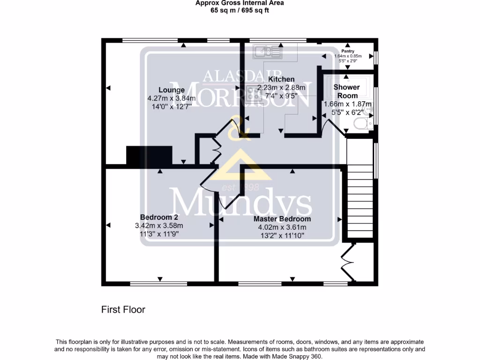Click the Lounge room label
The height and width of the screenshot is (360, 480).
click(x=171, y=90)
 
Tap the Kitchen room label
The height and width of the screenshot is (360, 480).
click(x=281, y=79)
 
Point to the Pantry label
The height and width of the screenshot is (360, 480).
click(x=347, y=51)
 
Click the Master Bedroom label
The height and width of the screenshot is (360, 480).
click(x=282, y=219)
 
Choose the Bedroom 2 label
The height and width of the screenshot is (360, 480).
click(x=159, y=217)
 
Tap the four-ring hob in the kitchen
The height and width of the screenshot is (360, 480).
click(x=253, y=93)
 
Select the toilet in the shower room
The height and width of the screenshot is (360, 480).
click(x=361, y=124)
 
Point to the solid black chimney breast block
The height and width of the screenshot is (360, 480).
click(x=149, y=155)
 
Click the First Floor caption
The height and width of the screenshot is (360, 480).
click(x=123, y=309)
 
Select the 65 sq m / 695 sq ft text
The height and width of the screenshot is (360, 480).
click(x=240, y=10)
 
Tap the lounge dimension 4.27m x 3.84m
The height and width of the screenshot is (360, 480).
click(x=171, y=98)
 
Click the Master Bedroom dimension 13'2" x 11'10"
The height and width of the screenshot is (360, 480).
click(x=282, y=235)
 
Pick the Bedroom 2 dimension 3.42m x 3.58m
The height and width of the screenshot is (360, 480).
click(x=159, y=225)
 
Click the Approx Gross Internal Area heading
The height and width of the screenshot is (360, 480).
click(x=240, y=3)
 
